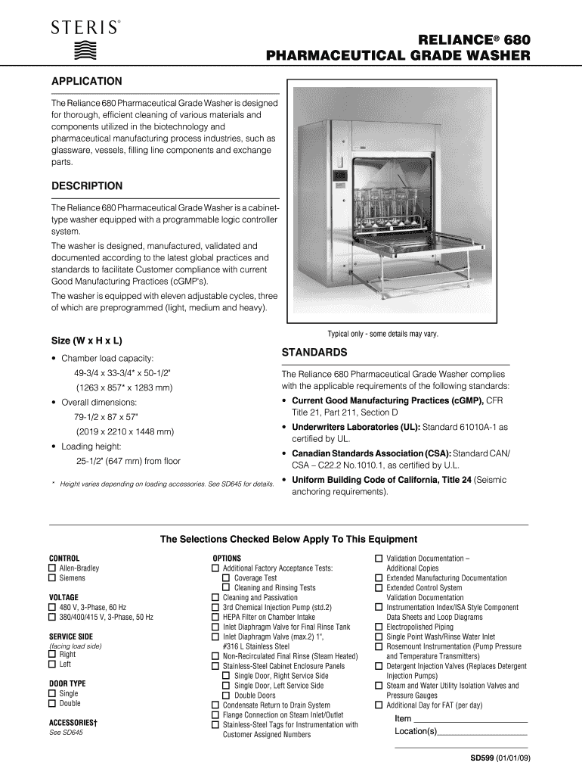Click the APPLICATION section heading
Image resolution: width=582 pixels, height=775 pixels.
pyautogui.click(x=86, y=81)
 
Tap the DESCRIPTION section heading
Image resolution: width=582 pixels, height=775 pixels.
pyautogui.click(x=86, y=186)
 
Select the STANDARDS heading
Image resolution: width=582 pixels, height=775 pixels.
pyautogui.click(x=314, y=353)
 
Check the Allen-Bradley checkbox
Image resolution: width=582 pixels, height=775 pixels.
pyautogui.click(x=52, y=568)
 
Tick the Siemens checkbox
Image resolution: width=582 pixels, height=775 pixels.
pyautogui.click(x=52, y=578)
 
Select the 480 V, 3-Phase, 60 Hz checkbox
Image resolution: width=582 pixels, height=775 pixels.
pyautogui.click(x=52, y=607)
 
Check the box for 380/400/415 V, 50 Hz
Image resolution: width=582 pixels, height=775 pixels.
pyautogui.click(x=52, y=618)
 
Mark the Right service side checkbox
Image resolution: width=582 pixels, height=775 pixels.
pyautogui.click(x=52, y=655)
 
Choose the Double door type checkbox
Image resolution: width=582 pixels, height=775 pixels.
pyautogui.click(x=52, y=703)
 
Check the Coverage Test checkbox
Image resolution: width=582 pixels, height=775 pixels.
pyautogui.click(x=226, y=578)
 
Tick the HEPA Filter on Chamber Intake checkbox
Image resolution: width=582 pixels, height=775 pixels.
pyautogui.click(x=215, y=617)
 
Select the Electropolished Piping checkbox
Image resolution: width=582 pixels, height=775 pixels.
pyautogui.click(x=379, y=627)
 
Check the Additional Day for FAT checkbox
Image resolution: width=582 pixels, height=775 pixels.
pyautogui.click(x=379, y=705)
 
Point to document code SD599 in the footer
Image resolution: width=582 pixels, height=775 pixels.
pyautogui.click(x=484, y=758)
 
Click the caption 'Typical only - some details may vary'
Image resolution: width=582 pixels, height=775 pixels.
pyautogui.click(x=382, y=334)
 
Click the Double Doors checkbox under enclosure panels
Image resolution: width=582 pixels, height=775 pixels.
pyautogui.click(x=226, y=696)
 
